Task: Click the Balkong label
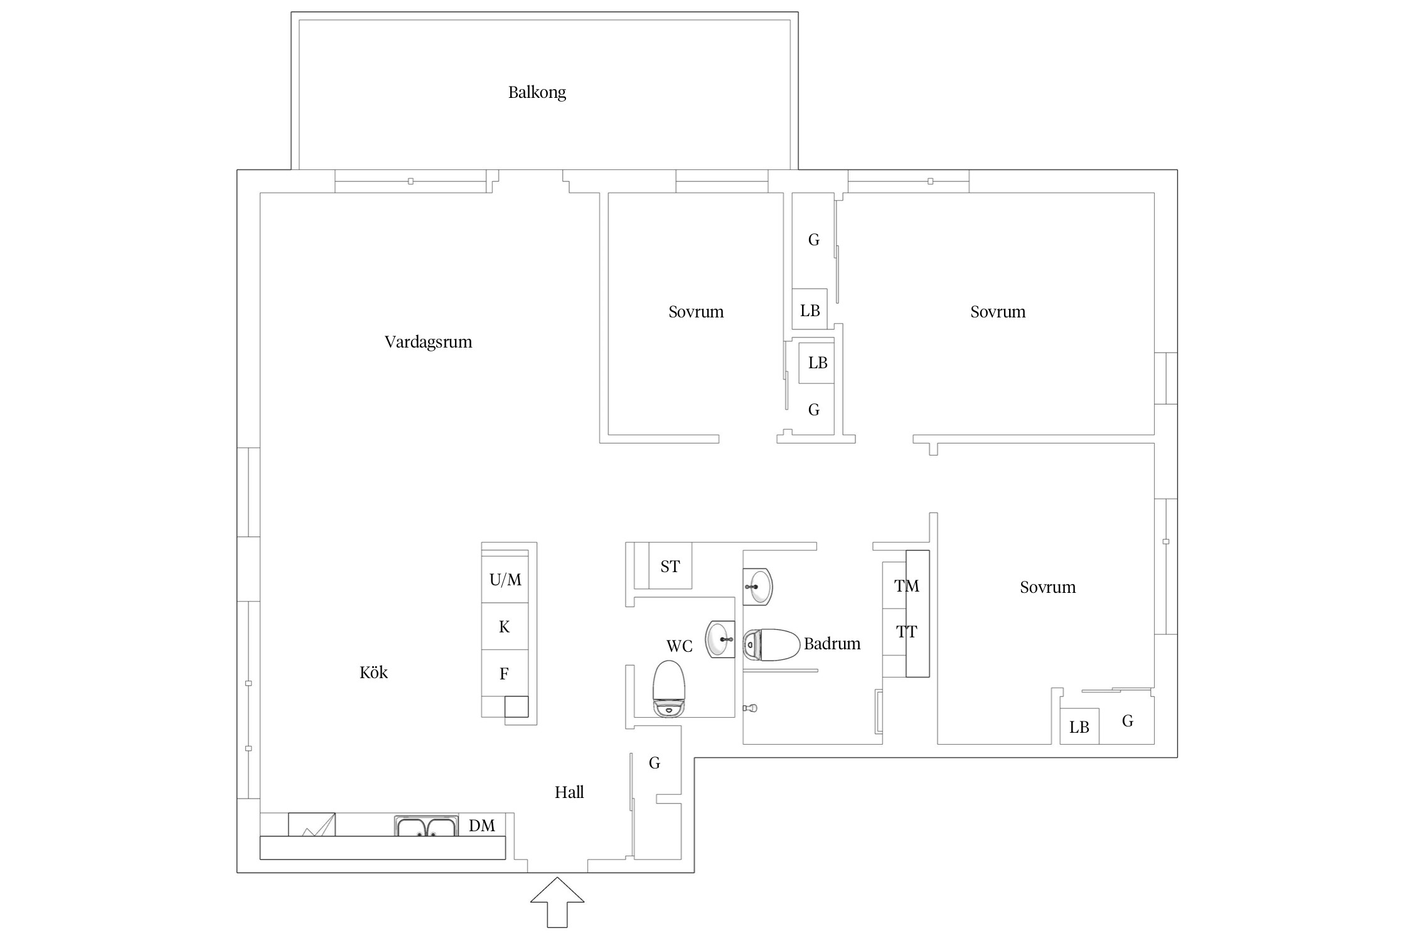[x=537, y=93]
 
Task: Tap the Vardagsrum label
[x=428, y=342]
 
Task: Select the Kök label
[x=373, y=673]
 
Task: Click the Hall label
[x=569, y=792]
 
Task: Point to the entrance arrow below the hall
[x=557, y=902]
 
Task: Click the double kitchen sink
[x=427, y=826]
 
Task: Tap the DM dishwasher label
[x=482, y=826]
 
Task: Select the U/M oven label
[x=505, y=580]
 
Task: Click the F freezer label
[x=504, y=674]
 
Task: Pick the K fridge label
[x=505, y=627]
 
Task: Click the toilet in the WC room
[x=669, y=688]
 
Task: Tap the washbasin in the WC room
[x=720, y=639]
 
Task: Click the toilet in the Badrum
[x=771, y=646]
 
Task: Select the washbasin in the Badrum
[x=757, y=587]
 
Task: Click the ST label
[x=670, y=566]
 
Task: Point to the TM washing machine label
[x=907, y=586]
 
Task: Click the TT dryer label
[x=907, y=632]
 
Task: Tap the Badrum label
[x=832, y=644]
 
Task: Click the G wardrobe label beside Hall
[x=655, y=763]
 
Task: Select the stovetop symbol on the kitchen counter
[x=312, y=824]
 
